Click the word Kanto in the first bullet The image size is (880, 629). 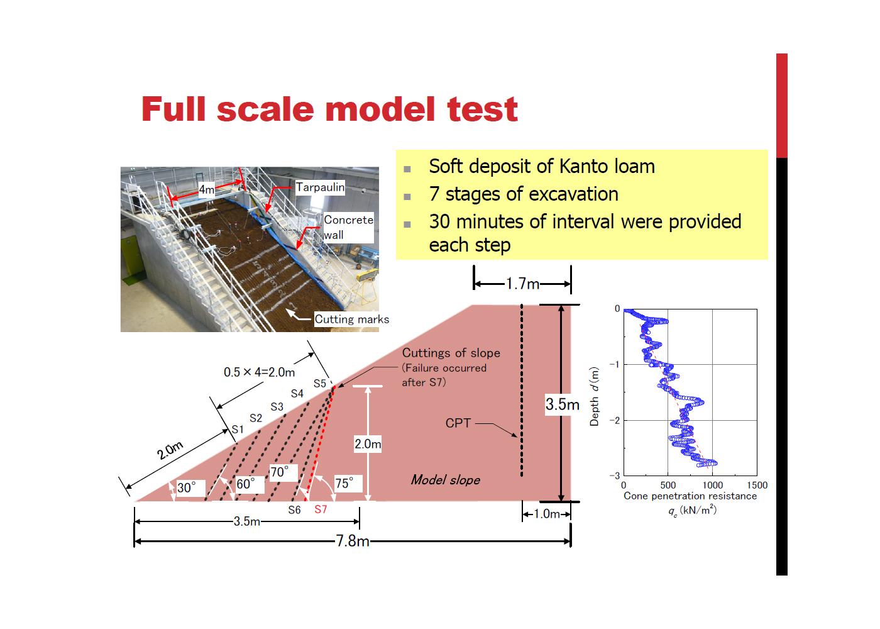pyautogui.click(x=583, y=166)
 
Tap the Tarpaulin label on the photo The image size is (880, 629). pyautogui.click(x=320, y=187)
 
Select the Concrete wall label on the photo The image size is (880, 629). pyautogui.click(x=348, y=227)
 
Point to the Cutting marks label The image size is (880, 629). pyautogui.click(x=351, y=320)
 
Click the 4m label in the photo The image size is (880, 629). pyautogui.click(x=207, y=189)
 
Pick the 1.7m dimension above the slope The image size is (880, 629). pyautogui.click(x=522, y=284)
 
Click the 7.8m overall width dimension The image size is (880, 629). pyautogui.click(x=353, y=541)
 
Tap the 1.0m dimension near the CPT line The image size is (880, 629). pyautogui.click(x=546, y=514)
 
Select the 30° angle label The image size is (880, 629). pyautogui.click(x=186, y=487)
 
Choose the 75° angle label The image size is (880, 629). pyautogui.click(x=344, y=483)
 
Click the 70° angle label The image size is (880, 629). pyautogui.click(x=279, y=472)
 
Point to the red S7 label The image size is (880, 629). pyautogui.click(x=321, y=509)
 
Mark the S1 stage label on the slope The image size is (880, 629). pyautogui.click(x=238, y=429)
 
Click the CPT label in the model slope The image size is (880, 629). pyautogui.click(x=458, y=423)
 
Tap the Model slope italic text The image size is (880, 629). pyautogui.click(x=446, y=480)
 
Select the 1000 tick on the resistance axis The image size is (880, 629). pyautogui.click(x=712, y=485)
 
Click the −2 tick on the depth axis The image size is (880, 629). pyautogui.click(x=615, y=420)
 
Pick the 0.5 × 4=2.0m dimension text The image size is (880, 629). pyautogui.click(x=259, y=372)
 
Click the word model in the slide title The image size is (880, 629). pyautogui.click(x=380, y=109)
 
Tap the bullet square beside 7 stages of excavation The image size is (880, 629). pyautogui.click(x=407, y=196)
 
